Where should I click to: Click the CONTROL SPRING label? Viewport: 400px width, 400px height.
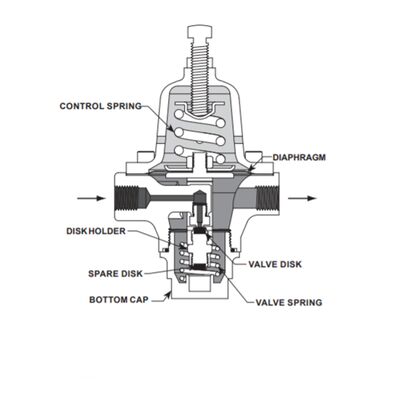coord(100,105)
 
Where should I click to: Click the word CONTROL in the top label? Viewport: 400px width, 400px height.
coord(80,105)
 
